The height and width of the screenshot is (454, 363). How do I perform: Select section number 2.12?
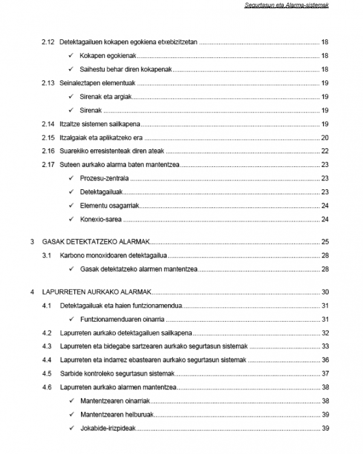coord(48,42)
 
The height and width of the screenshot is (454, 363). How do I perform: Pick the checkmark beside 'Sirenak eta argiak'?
coord(72,97)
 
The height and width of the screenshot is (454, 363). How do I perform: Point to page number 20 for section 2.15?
coord(325,137)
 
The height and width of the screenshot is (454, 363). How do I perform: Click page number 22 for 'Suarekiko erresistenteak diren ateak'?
coord(325,151)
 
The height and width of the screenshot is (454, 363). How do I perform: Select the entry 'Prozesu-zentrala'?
coord(105,178)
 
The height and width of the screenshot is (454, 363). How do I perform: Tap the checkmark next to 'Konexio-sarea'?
coord(72,219)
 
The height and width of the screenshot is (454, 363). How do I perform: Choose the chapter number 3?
coord(32,241)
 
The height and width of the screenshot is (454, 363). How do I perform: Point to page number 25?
coord(325,241)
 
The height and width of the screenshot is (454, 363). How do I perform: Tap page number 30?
coord(325,291)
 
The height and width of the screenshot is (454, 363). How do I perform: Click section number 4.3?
coord(47,346)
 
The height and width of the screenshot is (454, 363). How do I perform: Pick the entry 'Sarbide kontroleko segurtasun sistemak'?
coord(117,374)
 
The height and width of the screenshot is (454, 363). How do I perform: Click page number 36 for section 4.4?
coord(325,360)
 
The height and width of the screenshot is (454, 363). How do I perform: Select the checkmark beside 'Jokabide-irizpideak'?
coord(72,429)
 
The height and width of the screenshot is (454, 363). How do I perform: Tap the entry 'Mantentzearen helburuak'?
coord(115,415)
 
